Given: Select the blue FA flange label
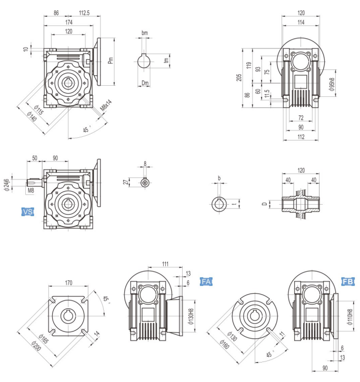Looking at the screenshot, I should tap(207, 282).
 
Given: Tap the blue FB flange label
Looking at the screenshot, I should tap(347, 282).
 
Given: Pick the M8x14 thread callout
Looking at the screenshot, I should tap(106, 103).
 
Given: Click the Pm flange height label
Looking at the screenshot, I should tap(110, 61).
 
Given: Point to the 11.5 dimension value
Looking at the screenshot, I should tap(267, 93).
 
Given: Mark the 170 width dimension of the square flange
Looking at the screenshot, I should tap(68, 283).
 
